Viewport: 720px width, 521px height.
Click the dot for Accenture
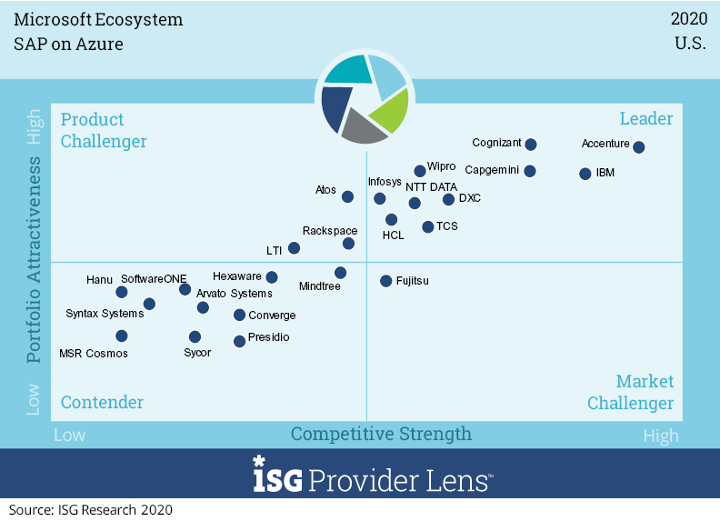pyautogui.click(x=639, y=147)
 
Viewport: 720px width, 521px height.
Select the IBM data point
pyautogui.click(x=585, y=173)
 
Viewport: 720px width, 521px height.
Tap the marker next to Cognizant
pyautogui.click(x=531, y=145)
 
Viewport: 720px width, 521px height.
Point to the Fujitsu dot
pyautogui.click(x=386, y=281)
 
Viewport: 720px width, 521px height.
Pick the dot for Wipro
pyautogui.click(x=420, y=171)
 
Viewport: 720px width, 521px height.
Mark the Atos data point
pyautogui.click(x=347, y=196)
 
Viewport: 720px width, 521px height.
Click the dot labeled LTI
pyautogui.click(x=294, y=248)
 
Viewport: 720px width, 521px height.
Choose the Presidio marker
pyautogui.click(x=239, y=341)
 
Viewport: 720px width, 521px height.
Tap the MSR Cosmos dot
pyautogui.click(x=122, y=336)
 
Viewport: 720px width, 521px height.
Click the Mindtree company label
pyautogui.click(x=319, y=286)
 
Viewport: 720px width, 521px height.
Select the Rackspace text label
pyautogui.click(x=329, y=231)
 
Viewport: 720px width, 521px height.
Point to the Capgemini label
pyautogui.click(x=493, y=170)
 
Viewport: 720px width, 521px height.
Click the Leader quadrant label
pyautogui.click(x=645, y=119)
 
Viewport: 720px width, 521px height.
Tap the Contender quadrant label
pyautogui.click(x=102, y=402)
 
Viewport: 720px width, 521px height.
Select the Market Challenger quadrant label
pyautogui.click(x=630, y=392)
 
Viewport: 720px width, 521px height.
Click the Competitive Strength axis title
pyautogui.click(x=381, y=434)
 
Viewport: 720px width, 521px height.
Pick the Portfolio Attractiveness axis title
pyautogui.click(x=34, y=260)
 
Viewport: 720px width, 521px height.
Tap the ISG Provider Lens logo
pyautogui.click(x=373, y=476)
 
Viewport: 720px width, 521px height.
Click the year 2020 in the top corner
pyautogui.click(x=688, y=19)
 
